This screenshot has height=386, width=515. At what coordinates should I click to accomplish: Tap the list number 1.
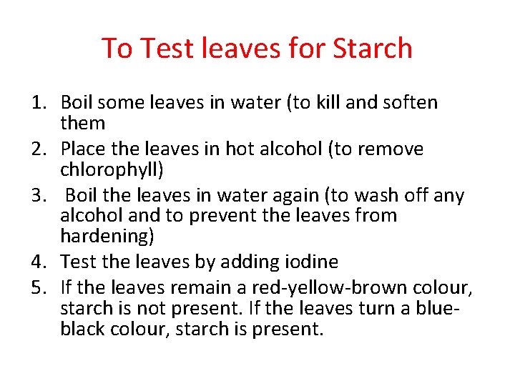pyautogui.click(x=39, y=103)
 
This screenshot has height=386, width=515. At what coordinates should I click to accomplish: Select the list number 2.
pyautogui.click(x=39, y=149)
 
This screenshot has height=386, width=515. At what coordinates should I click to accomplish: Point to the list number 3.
pyautogui.click(x=39, y=195)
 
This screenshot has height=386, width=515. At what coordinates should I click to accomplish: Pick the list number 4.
pyautogui.click(x=39, y=262)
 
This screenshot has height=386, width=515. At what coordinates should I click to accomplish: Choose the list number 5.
pyautogui.click(x=39, y=288)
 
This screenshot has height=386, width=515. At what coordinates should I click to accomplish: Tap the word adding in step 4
pyautogui.click(x=242, y=262)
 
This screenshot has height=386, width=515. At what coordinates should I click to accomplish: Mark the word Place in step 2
pyautogui.click(x=81, y=149)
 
